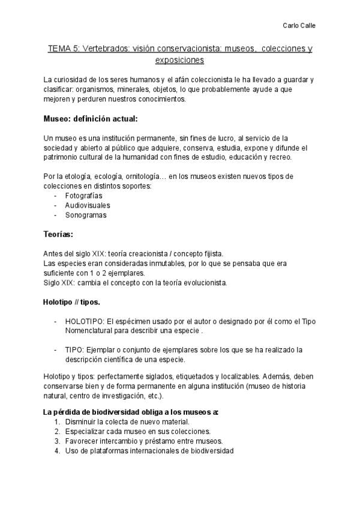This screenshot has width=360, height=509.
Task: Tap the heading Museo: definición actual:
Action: (91, 118)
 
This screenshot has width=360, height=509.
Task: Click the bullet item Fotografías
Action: (83, 196)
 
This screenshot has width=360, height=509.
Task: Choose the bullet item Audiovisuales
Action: (88, 205)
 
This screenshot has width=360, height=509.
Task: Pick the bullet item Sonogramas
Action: (86, 215)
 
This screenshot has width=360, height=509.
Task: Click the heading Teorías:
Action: (58, 233)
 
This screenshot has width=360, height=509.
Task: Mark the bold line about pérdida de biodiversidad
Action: (131, 412)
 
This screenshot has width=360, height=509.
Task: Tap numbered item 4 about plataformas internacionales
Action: (149, 451)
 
